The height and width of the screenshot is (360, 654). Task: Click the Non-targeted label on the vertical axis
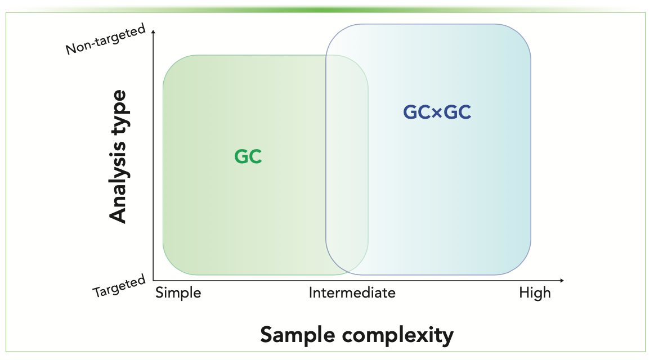click(x=106, y=39)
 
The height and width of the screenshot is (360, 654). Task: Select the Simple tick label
click(x=178, y=293)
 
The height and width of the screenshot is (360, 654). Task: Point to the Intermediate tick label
click(x=352, y=293)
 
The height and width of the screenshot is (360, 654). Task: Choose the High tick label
click(x=535, y=293)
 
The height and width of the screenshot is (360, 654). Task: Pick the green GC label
click(x=248, y=157)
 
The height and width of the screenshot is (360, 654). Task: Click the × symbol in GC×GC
click(x=437, y=113)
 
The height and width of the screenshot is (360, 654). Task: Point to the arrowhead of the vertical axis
click(x=153, y=32)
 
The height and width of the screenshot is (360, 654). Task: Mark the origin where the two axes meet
click(x=153, y=280)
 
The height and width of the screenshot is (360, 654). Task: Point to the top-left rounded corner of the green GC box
click(x=171, y=64)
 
